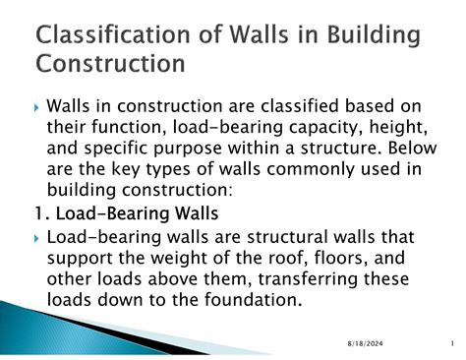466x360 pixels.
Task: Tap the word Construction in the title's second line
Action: point(110,64)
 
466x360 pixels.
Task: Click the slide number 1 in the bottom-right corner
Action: point(446,343)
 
